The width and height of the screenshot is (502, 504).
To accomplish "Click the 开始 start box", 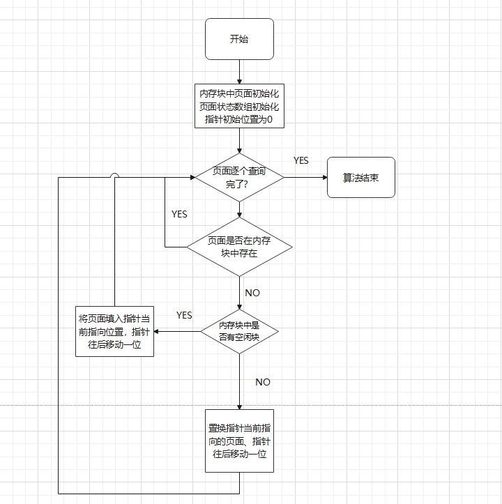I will click(x=239, y=39).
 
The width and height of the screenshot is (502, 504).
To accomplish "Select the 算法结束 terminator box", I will click(x=360, y=178).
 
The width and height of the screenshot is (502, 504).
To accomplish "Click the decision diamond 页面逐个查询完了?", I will click(x=239, y=177).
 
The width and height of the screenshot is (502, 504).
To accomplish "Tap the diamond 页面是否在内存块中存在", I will click(x=239, y=247).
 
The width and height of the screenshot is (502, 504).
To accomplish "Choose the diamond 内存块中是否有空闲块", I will click(x=239, y=331).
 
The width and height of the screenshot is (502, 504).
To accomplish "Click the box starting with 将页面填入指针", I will click(x=114, y=332).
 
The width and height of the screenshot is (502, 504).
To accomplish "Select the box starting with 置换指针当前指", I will click(x=239, y=441).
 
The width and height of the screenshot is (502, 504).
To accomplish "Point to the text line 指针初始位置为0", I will click(x=239, y=119).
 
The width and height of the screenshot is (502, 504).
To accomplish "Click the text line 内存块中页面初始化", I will click(x=239, y=93).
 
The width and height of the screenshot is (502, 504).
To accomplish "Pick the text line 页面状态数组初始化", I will click(x=239, y=107).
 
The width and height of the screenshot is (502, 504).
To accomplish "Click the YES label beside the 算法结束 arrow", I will click(x=301, y=161).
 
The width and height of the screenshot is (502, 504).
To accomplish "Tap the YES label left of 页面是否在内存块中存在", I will click(x=179, y=215).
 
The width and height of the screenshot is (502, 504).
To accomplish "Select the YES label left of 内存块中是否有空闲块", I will click(x=184, y=316).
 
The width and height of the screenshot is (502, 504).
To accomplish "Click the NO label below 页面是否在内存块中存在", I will click(x=252, y=293).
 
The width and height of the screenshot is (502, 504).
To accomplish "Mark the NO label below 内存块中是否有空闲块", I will click(x=263, y=382).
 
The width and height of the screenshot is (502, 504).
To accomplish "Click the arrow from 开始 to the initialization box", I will click(x=239, y=72).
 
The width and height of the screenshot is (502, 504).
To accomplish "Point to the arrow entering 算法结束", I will click(x=307, y=177).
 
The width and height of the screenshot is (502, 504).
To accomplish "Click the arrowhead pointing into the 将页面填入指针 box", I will click(x=158, y=332).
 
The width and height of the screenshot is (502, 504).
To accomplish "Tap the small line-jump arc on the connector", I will click(x=115, y=177).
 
